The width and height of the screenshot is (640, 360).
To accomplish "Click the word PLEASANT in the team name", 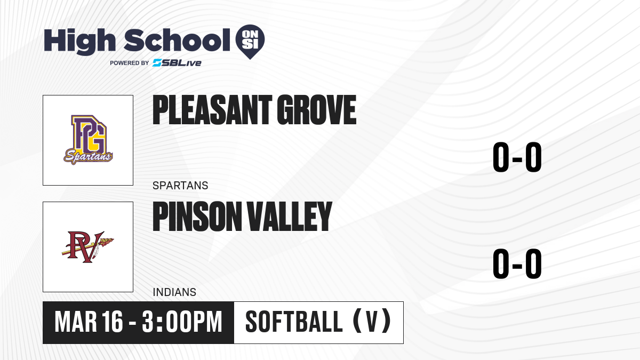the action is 212,110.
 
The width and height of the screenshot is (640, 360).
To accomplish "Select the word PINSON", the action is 197,216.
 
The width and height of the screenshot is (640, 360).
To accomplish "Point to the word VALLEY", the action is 289,216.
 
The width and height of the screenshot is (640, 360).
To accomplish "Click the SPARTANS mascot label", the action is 180,186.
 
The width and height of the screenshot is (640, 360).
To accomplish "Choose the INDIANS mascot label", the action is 174,292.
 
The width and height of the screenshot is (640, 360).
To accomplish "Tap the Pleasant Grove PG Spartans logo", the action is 88,140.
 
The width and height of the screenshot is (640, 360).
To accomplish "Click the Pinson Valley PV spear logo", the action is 87,247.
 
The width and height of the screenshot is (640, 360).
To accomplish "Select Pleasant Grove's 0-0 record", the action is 517,157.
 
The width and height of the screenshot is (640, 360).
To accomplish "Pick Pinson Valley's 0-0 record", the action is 517,263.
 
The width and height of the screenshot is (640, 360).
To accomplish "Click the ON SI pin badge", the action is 250,42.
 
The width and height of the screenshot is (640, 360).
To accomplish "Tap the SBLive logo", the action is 177,63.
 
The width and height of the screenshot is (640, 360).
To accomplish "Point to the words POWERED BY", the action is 130,63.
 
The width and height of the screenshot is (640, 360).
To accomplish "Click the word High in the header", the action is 79,42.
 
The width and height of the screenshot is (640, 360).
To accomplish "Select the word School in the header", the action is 177,40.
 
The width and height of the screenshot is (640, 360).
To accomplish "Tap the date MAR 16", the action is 89,322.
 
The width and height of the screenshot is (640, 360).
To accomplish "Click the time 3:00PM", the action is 182,322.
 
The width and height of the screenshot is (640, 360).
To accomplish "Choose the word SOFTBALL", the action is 294,322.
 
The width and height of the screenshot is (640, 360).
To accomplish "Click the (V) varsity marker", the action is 372,321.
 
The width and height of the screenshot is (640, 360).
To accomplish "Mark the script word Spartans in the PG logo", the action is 88,157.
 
